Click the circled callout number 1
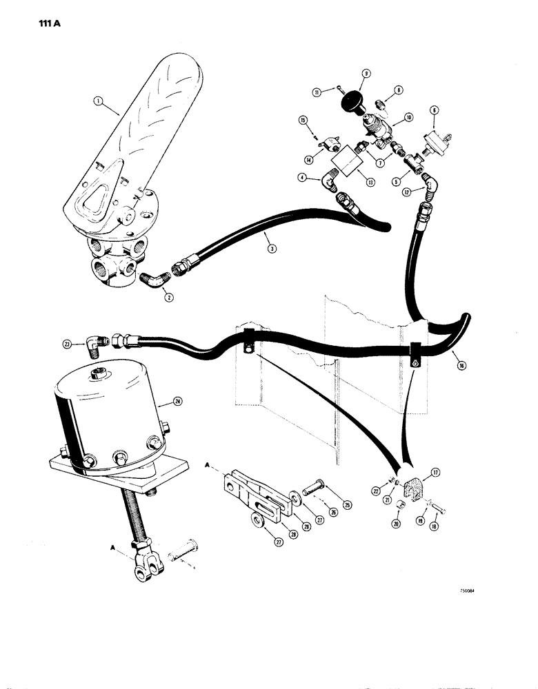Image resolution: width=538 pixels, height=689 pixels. tap(101, 101)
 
